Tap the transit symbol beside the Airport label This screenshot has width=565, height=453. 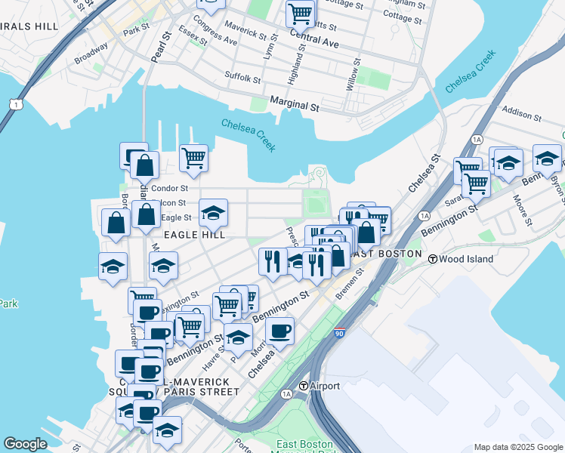(304, 386)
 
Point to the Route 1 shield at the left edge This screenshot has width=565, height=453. (14, 103)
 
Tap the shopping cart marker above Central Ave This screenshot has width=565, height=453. (301, 14)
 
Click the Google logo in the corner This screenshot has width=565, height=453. (25, 444)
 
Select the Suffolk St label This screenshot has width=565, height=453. (242, 77)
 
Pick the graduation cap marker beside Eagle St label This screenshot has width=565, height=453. (214, 213)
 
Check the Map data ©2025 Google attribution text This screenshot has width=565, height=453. (517, 447)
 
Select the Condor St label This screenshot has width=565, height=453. (169, 188)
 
